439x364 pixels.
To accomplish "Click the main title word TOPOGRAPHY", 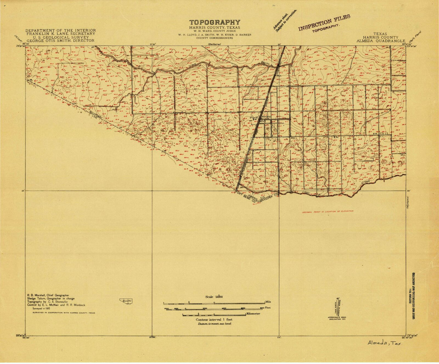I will pos(215,23).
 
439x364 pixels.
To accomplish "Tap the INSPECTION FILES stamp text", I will pos(324,23).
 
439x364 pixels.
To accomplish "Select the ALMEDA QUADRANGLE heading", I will pos(380,41).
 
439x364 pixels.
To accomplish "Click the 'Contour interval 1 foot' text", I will pos(214,320).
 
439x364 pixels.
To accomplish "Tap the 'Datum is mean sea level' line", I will pos(214,324).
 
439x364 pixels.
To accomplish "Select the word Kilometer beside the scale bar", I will pos(253,314).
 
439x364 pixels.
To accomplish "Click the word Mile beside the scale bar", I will pos(268,302).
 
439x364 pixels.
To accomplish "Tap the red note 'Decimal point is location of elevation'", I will pos(327,211).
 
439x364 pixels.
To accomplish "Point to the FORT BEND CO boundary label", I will pos(245,198).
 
